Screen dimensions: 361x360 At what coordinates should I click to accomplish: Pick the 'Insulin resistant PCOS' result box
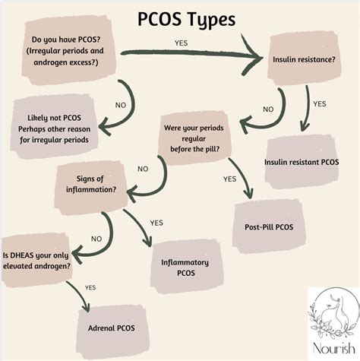(302, 162)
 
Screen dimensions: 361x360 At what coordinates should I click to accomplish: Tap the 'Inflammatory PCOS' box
(185, 267)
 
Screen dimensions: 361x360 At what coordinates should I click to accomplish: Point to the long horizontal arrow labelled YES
(190, 54)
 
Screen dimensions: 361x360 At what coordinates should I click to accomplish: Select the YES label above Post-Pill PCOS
(229, 179)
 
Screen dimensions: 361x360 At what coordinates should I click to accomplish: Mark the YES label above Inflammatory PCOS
(156, 223)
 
